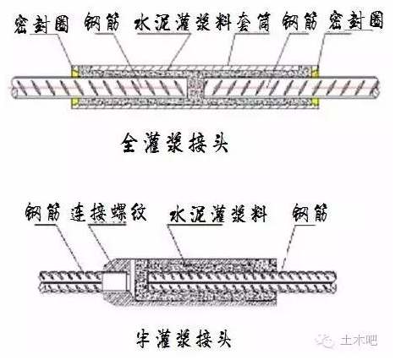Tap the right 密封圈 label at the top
click(x=356, y=20)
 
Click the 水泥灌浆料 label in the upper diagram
click(x=184, y=22)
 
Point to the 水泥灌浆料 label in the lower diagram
click(x=218, y=214)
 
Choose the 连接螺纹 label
click(x=108, y=212)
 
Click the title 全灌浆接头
click(x=175, y=143)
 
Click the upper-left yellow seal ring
click(x=74, y=72)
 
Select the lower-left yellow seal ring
click(x=74, y=102)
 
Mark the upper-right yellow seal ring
click(x=315, y=72)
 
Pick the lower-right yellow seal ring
click(x=315, y=102)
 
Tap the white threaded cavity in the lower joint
click(x=114, y=281)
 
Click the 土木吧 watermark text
click(x=359, y=341)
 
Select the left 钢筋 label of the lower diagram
click(x=43, y=212)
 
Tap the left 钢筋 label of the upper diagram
click(x=102, y=22)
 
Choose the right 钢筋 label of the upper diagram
click(x=300, y=21)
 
